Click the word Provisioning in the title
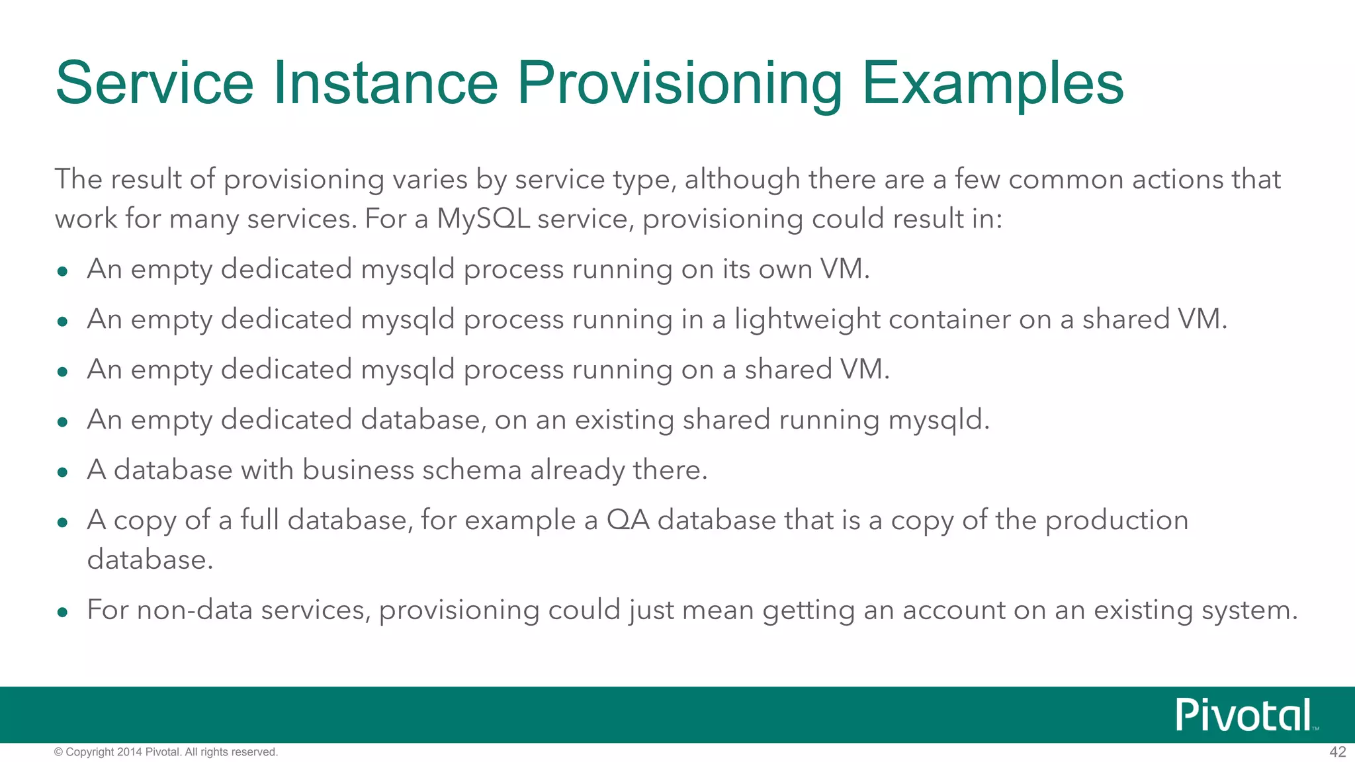(679, 84)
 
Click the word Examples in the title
(992, 84)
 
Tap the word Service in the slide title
(154, 84)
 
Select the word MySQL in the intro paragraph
(483, 219)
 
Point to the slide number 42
(1337, 752)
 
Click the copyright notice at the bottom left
(166, 752)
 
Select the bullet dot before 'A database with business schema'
(63, 472)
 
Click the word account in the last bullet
(953, 610)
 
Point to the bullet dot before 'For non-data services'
(63, 612)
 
